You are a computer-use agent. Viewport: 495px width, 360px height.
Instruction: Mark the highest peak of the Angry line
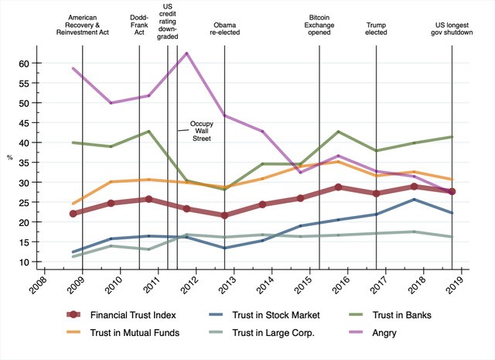pyautogui.click(x=186, y=53)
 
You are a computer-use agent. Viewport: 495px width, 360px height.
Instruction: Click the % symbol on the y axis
pyautogui.click(x=9, y=158)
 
